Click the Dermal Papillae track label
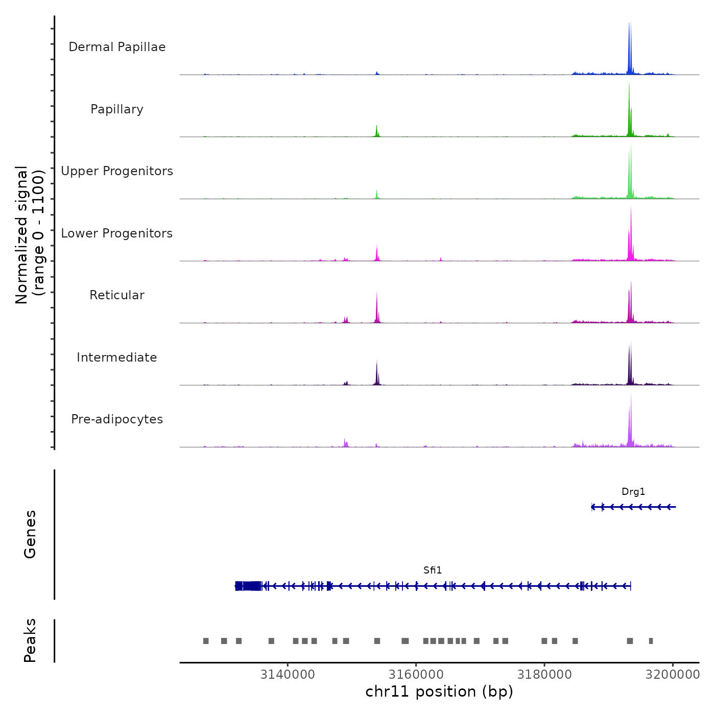(x=117, y=47)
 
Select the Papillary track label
(x=117, y=109)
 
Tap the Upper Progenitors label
(x=117, y=171)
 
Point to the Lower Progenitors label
(x=117, y=233)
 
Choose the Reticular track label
(x=117, y=295)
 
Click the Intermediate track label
(x=117, y=357)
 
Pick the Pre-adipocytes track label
(x=117, y=419)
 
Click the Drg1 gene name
(x=633, y=492)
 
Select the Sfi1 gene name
(x=433, y=570)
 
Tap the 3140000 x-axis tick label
(x=288, y=675)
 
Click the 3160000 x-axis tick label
(x=416, y=675)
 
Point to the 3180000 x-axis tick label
(x=544, y=675)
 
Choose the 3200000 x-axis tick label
(x=673, y=675)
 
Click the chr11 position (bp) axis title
(x=439, y=692)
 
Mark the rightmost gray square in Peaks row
(x=651, y=641)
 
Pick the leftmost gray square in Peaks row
(x=206, y=641)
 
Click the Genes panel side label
(x=30, y=534)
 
